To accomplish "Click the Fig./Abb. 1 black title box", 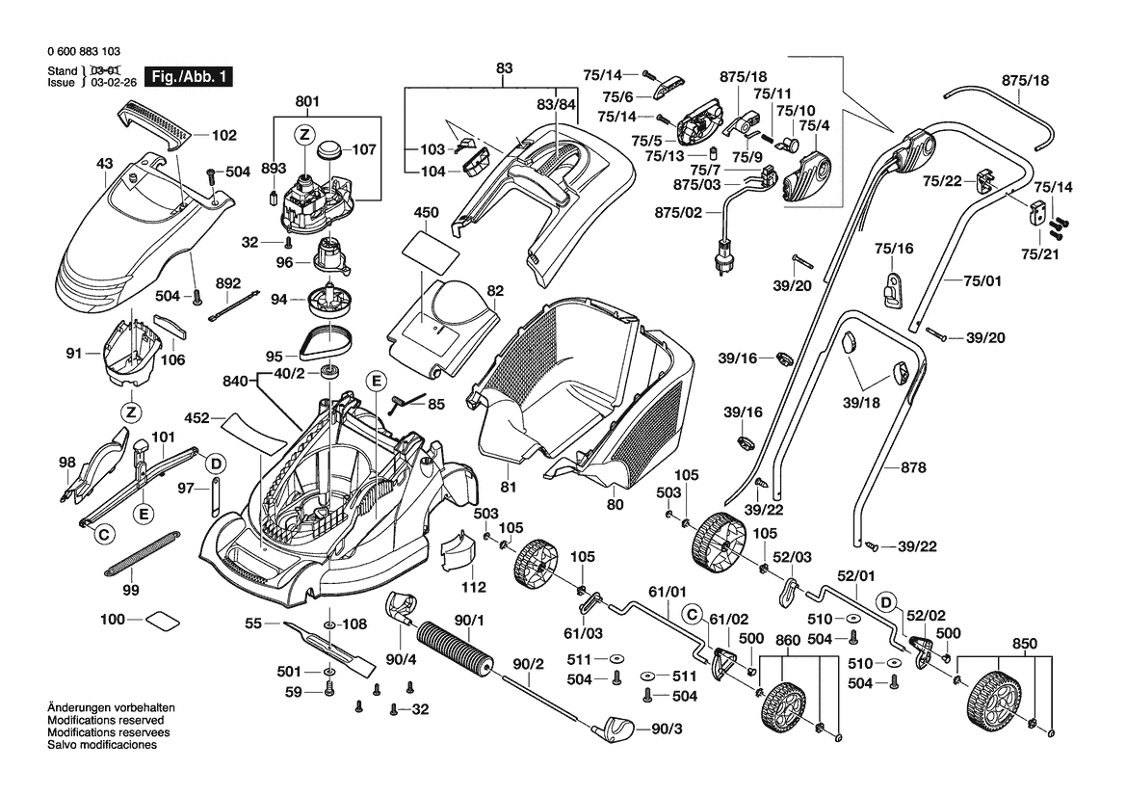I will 187,77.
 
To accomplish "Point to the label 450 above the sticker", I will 426,212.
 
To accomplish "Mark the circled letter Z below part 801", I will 303,134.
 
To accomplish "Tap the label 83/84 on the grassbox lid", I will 556,103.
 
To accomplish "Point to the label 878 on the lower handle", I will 913,468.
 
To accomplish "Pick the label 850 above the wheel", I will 1025,644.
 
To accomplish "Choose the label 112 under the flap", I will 473,587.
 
